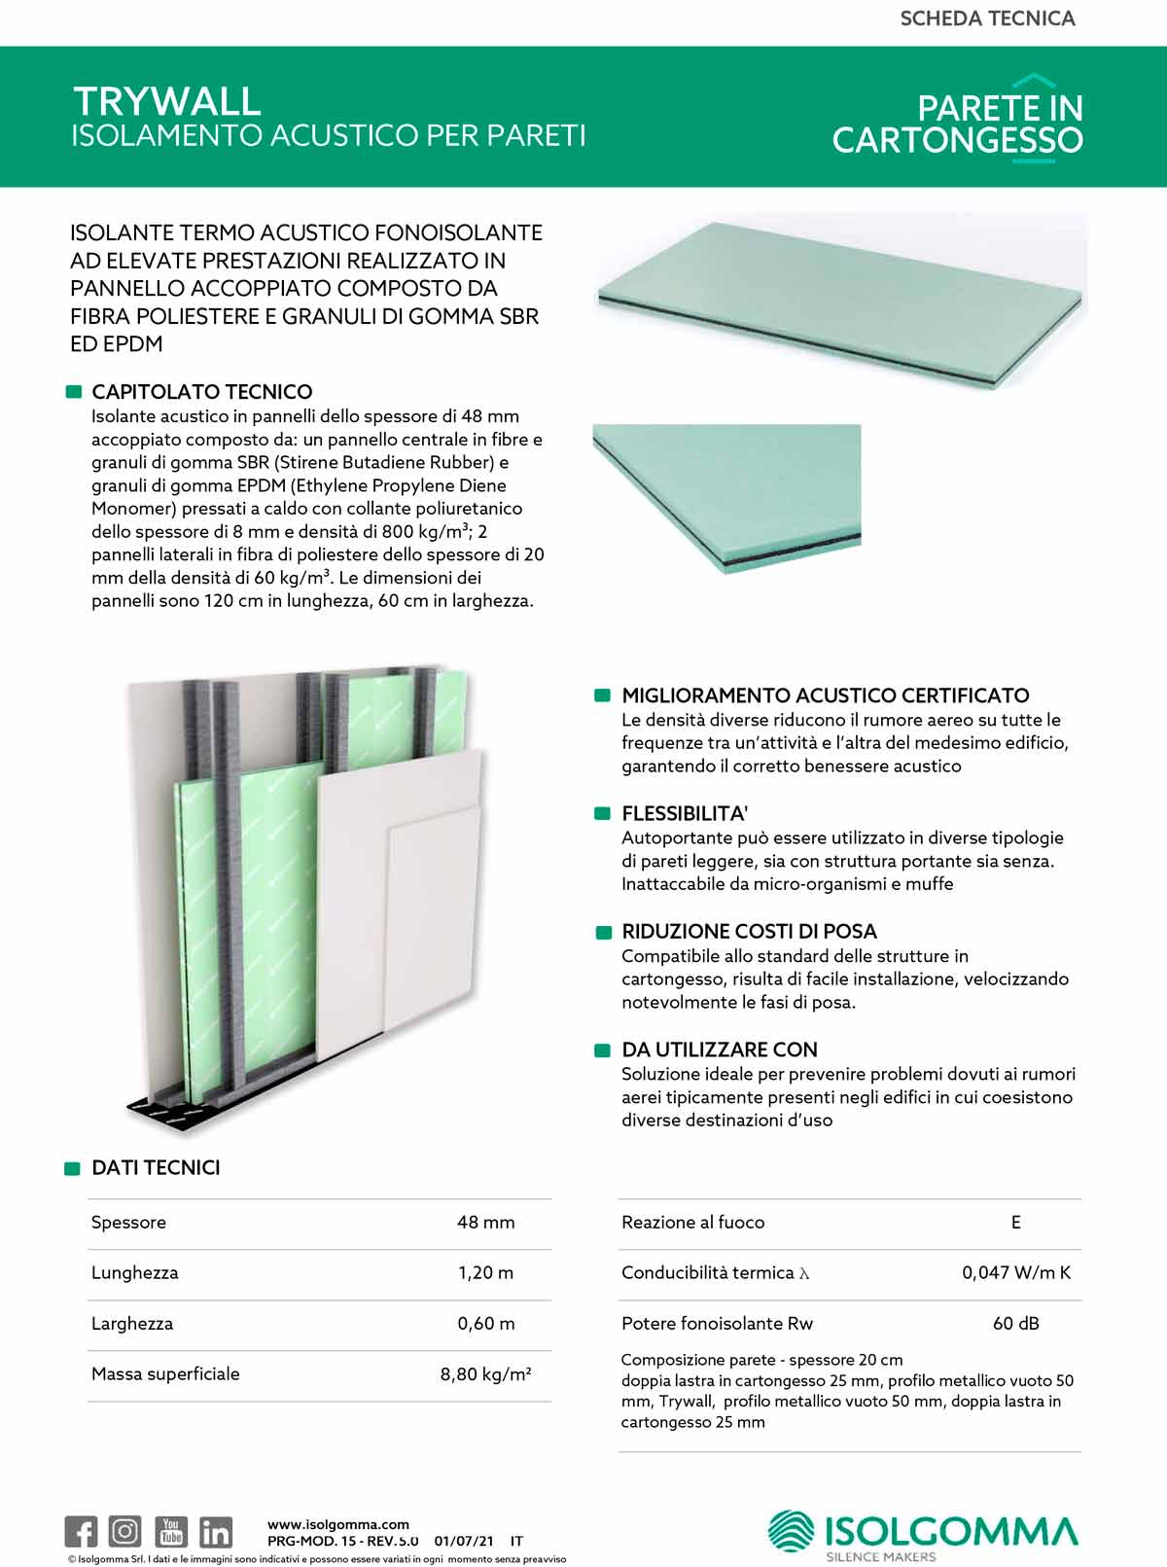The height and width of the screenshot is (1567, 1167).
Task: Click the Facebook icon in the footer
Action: point(81,1531)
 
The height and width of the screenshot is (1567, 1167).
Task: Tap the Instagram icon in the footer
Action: point(124,1531)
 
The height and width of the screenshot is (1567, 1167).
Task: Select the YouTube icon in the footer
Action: point(171,1531)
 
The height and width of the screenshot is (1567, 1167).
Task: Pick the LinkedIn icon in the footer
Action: point(215,1532)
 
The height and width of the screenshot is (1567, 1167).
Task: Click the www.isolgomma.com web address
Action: point(338,1524)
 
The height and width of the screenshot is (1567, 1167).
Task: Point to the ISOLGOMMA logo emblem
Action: point(792,1531)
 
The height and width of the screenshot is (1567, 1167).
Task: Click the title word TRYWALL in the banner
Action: point(167,101)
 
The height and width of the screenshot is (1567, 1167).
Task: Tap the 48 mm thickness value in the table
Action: point(485,1223)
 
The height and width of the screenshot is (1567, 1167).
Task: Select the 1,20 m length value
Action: point(485,1273)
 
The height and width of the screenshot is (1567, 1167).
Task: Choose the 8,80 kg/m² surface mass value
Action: point(485,1374)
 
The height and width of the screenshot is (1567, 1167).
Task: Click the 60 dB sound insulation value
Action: point(1016,1324)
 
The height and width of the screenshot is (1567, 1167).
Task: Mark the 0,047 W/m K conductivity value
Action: point(1016,1273)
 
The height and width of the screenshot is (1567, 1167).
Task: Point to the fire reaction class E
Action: point(1016,1223)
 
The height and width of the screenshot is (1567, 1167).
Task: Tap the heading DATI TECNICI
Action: point(156,1167)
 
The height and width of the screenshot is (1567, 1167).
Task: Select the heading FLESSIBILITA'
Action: point(685,813)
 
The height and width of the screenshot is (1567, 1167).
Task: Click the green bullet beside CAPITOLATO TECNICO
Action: point(73,392)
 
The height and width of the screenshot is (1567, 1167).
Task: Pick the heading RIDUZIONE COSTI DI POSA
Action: point(749,931)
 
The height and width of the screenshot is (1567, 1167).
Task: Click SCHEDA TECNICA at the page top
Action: point(987,18)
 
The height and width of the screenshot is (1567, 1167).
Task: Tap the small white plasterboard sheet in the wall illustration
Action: point(433,924)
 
